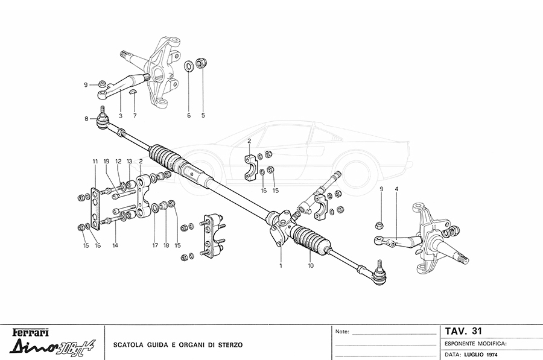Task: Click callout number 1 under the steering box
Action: pyautogui.click(x=281, y=265)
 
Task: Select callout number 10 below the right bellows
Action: pyautogui.click(x=311, y=265)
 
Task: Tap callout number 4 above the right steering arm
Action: pyautogui.click(x=396, y=189)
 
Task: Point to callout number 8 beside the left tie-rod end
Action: pyautogui.click(x=86, y=119)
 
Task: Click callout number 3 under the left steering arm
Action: pyautogui.click(x=121, y=115)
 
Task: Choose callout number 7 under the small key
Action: pyautogui.click(x=135, y=115)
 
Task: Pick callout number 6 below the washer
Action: pyautogui.click(x=188, y=115)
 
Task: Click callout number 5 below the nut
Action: pyautogui.click(x=203, y=115)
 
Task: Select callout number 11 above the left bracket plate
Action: pyautogui.click(x=95, y=162)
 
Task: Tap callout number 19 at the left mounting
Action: pyautogui.click(x=106, y=162)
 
